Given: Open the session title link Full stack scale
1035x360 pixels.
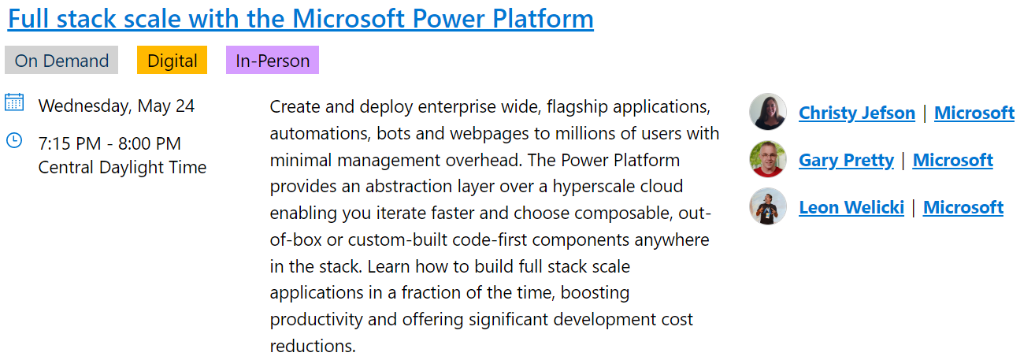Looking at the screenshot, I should click(x=300, y=18).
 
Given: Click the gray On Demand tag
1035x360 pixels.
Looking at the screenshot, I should click(x=61, y=61).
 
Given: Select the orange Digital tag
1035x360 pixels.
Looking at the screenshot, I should click(x=172, y=61).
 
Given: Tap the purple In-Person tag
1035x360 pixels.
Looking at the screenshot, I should click(x=273, y=61).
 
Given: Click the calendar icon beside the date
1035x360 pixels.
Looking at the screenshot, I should click(x=14, y=102).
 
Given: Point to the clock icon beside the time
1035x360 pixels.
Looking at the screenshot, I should click(x=14, y=140).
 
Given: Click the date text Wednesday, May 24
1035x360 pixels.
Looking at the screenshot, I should click(x=117, y=106).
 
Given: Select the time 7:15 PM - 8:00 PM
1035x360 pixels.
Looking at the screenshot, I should click(x=109, y=143).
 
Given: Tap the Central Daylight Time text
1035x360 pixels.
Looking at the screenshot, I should click(x=122, y=167).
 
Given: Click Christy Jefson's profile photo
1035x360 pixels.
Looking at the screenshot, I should click(x=768, y=112).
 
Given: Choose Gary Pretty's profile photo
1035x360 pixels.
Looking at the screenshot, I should click(x=768, y=159).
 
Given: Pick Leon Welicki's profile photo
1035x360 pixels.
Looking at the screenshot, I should click(x=768, y=206).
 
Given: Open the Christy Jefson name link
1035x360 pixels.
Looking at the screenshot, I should click(x=856, y=113).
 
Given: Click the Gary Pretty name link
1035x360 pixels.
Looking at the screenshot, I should click(x=846, y=160).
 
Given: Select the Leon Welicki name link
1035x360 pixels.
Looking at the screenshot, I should click(x=851, y=207).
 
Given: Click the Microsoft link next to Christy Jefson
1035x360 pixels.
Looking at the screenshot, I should click(x=974, y=113).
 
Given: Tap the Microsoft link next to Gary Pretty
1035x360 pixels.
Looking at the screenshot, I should click(x=952, y=160).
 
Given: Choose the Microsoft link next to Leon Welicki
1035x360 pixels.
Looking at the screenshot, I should click(x=963, y=207).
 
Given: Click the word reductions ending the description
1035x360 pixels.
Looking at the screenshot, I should click(x=312, y=346).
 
